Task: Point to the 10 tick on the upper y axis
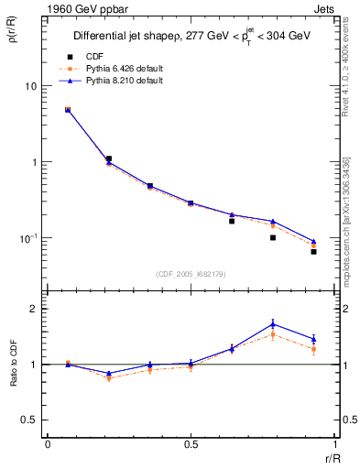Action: click(x=30, y=86)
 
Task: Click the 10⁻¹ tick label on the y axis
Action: click(x=27, y=238)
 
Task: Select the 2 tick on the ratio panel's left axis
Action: click(x=36, y=310)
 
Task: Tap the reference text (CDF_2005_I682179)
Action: click(x=191, y=274)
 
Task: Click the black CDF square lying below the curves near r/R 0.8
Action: click(x=273, y=238)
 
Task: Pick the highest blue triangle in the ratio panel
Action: click(x=273, y=323)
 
